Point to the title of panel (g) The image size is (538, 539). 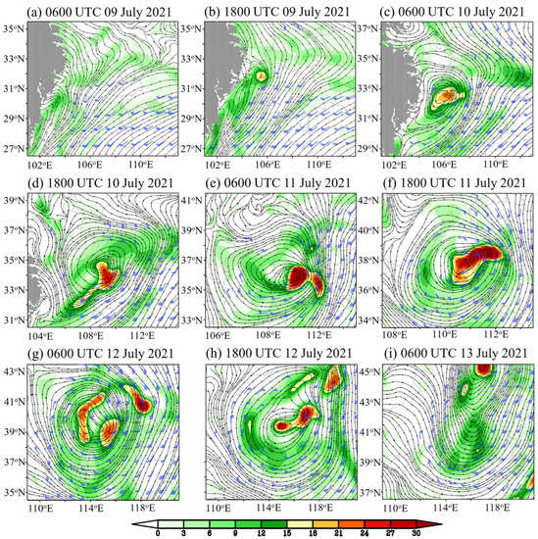point(94,353)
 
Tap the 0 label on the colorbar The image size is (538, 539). point(143,535)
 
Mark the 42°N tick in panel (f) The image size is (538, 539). point(372,199)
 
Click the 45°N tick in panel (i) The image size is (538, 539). point(372,371)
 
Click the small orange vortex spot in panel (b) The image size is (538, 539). point(261,74)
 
